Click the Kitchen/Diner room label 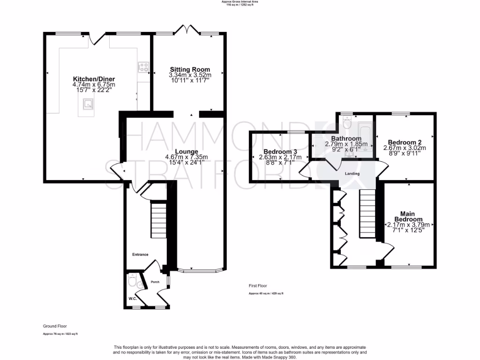(94, 79)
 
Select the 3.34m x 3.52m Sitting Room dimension (190, 75)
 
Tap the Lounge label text (186, 151)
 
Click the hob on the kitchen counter (142, 67)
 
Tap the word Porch (155, 282)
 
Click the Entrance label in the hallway (140, 255)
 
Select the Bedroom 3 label (280, 151)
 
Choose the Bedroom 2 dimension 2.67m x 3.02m (405, 148)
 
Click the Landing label (352, 173)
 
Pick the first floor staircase (367, 213)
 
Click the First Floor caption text (258, 285)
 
